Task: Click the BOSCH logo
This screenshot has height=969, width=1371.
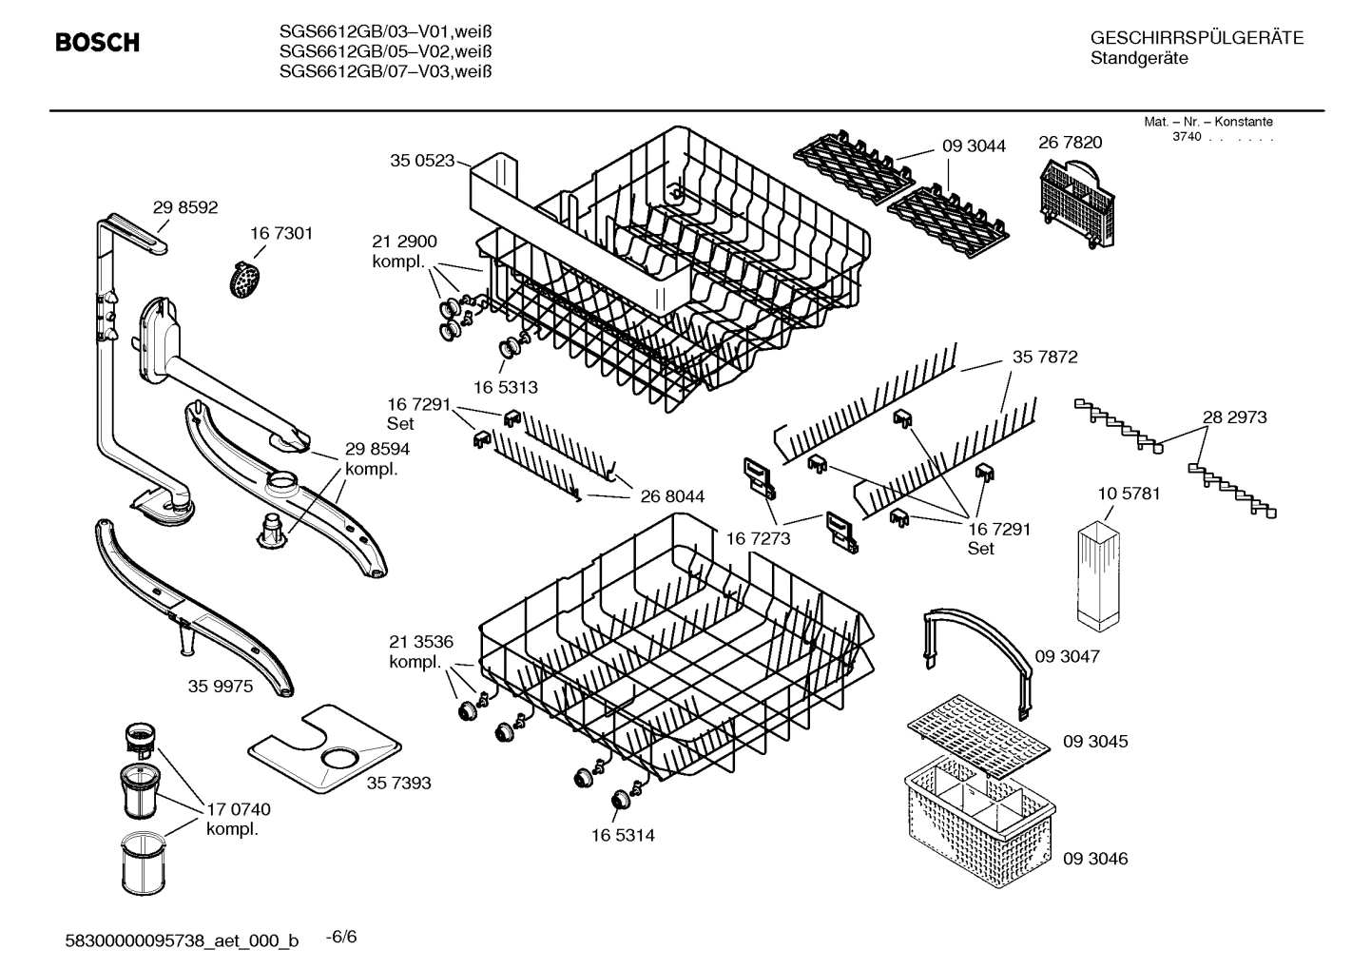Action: pyautogui.click(x=97, y=43)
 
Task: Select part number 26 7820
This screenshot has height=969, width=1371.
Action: pyautogui.click(x=1070, y=143)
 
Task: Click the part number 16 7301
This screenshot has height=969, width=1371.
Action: pyautogui.click(x=280, y=234)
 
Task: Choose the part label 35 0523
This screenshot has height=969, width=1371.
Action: pyautogui.click(x=422, y=161)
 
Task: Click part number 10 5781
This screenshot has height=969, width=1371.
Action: pyautogui.click(x=1129, y=494)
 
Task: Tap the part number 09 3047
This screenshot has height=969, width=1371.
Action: pyautogui.click(x=1067, y=657)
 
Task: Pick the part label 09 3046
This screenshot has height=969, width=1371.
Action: pyautogui.click(x=1095, y=859)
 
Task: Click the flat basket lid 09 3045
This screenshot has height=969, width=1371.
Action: pyautogui.click(x=980, y=737)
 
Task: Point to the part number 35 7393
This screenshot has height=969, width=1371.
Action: pyautogui.click(x=398, y=783)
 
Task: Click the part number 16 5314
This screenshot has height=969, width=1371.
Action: pyautogui.click(x=622, y=836)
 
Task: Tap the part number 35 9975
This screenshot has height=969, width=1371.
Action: pyautogui.click(x=221, y=686)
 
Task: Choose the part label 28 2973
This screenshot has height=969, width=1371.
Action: pyautogui.click(x=1234, y=417)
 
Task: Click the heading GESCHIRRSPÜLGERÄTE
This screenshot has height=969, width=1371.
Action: pyautogui.click(x=1196, y=38)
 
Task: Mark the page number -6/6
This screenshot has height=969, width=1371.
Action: pyautogui.click(x=340, y=938)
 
